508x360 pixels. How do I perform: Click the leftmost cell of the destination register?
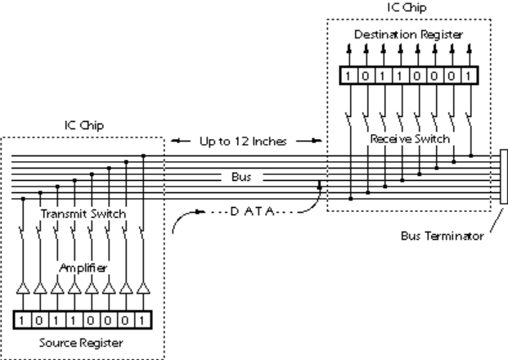pyautogui.click(x=350, y=76)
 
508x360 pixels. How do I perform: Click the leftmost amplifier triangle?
pyautogui.click(x=22, y=288)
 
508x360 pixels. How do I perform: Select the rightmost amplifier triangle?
pyautogui.click(x=144, y=288)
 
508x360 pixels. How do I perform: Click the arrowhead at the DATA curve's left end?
pyautogui.click(x=196, y=219)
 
